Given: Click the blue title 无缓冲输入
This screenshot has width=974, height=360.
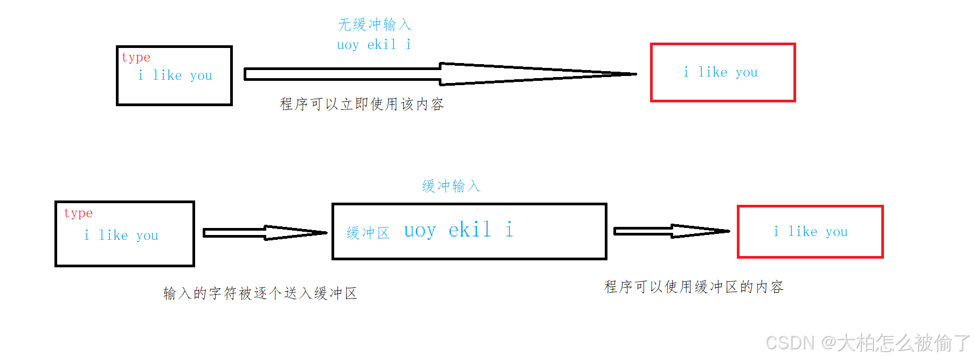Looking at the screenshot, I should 375,25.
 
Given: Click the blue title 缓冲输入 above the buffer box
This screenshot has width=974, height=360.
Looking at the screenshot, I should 451,186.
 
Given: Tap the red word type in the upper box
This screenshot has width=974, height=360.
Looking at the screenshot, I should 136,57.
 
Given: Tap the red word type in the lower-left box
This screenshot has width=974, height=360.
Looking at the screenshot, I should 78,213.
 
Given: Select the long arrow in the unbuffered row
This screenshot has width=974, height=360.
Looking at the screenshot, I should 439,74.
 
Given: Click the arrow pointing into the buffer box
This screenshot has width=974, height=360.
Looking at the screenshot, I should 265,233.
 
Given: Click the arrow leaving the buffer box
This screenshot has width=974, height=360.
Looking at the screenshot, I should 671,231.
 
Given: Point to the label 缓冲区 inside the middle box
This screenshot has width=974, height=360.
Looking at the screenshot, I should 368,233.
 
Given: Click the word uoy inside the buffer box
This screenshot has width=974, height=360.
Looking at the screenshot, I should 419,231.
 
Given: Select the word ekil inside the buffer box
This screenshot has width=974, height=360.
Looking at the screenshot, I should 469,230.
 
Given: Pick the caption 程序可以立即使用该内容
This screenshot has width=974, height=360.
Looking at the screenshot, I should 362,104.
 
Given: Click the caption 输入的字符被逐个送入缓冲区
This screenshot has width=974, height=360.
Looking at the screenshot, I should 260,293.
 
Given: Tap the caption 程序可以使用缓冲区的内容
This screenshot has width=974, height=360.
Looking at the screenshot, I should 694,287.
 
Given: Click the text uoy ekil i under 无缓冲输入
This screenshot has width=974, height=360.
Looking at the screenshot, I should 374,45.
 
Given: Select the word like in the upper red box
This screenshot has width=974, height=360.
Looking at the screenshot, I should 713,72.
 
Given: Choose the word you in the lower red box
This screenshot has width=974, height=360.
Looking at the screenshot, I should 837,232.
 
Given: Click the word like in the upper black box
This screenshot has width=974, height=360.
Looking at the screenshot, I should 167,75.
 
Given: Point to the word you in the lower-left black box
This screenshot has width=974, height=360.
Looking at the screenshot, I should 147,236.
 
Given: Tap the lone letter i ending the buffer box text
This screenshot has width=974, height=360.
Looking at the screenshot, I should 509,230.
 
